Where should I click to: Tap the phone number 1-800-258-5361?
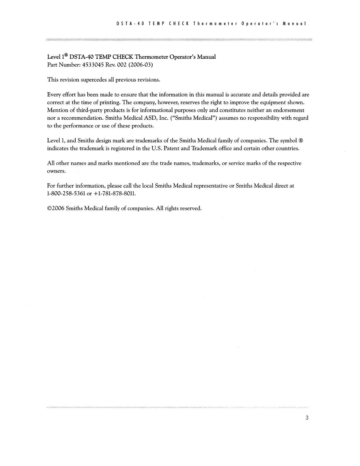point(66,194)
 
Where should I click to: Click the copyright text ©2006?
point(56,209)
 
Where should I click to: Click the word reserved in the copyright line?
point(191,209)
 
